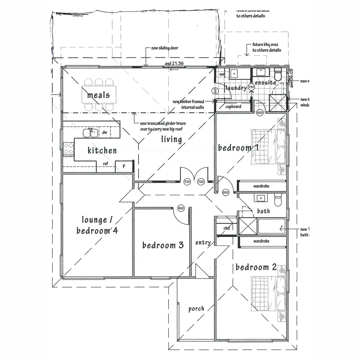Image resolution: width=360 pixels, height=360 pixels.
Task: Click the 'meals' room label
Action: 98,95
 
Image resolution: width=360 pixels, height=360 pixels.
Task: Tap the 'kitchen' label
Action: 102,150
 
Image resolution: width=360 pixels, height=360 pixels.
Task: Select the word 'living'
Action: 171,139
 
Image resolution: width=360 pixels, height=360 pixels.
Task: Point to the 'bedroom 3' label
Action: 163,245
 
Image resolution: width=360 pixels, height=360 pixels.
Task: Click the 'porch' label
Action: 196,309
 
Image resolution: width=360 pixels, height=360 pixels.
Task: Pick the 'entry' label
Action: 203,242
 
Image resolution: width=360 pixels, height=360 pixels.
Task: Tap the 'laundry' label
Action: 236,88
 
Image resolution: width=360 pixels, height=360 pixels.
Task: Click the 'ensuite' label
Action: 265,82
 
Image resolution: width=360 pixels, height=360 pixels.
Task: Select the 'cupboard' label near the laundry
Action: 233,106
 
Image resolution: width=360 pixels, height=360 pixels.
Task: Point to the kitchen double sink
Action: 90,132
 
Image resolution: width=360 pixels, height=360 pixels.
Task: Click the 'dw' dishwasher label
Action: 105,132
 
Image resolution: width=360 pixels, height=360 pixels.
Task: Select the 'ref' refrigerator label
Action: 105,164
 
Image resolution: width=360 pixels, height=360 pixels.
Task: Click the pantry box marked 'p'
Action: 124,166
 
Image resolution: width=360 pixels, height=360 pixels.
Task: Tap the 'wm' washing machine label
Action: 222,74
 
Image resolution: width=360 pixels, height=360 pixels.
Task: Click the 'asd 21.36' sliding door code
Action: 174,63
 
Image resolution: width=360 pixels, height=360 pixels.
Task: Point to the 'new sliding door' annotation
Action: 165,48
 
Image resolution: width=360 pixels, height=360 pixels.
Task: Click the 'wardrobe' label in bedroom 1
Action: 261,186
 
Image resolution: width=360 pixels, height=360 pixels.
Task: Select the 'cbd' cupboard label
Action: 226,228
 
